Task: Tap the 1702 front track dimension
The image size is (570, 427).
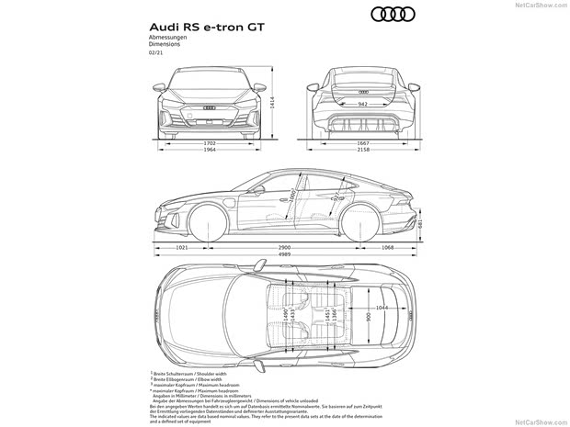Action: tap(211, 143)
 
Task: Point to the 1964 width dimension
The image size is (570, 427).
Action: tap(211, 151)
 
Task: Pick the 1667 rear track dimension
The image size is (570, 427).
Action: tap(365, 143)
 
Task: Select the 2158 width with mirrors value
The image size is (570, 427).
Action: tap(365, 151)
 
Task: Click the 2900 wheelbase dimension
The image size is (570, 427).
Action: tap(285, 248)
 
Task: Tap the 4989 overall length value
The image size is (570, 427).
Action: tap(285, 256)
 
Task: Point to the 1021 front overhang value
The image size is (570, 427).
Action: tap(182, 248)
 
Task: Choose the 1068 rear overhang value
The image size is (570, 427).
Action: tap(387, 248)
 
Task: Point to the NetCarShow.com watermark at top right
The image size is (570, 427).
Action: tap(541, 5)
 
